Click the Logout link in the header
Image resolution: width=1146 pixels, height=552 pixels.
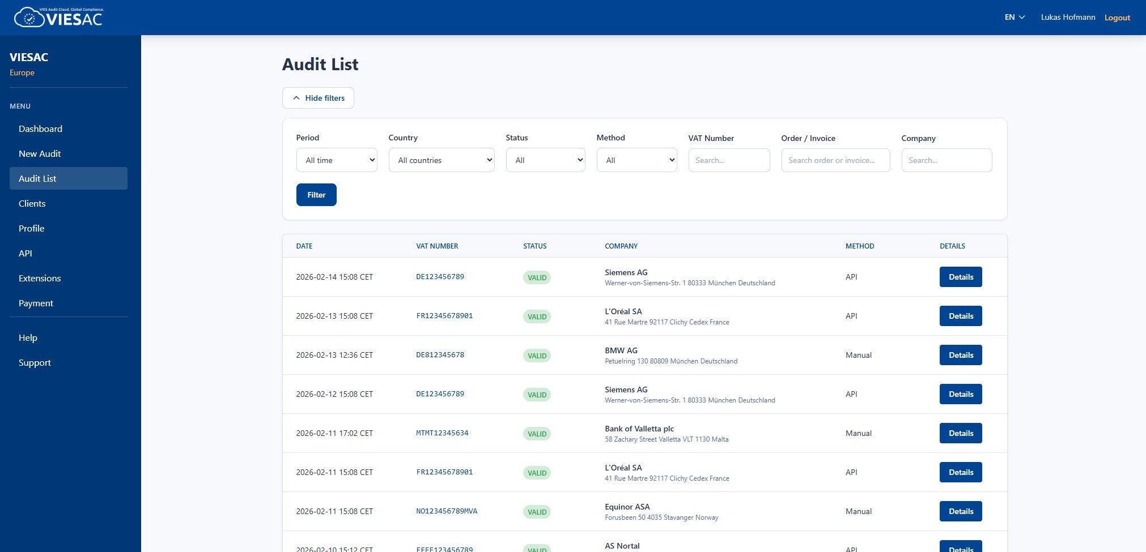click(1117, 18)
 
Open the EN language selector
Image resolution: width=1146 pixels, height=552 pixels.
click(1015, 18)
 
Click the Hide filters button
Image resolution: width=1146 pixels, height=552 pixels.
click(318, 98)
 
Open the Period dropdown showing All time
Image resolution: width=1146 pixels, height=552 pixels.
click(337, 160)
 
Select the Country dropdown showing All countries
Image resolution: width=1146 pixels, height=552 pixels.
click(442, 160)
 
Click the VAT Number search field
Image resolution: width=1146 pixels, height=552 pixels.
click(729, 160)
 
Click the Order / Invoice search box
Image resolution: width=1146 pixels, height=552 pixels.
click(835, 160)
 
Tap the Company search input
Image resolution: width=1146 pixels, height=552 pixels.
click(946, 160)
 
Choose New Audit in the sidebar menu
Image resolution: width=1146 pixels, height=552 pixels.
click(40, 153)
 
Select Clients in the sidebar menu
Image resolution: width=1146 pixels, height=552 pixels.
click(32, 203)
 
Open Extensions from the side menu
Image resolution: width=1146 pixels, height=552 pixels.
click(40, 278)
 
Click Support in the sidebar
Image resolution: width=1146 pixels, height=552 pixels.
click(35, 362)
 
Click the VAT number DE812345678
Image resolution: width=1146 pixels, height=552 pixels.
click(440, 355)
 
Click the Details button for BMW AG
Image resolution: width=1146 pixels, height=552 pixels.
click(961, 355)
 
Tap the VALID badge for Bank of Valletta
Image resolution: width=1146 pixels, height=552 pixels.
click(537, 434)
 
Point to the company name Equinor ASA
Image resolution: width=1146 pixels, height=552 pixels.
click(627, 507)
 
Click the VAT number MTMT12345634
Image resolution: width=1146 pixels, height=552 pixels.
click(442, 433)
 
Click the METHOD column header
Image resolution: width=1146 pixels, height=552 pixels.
click(860, 246)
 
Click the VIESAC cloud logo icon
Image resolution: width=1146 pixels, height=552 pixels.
click(29, 18)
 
